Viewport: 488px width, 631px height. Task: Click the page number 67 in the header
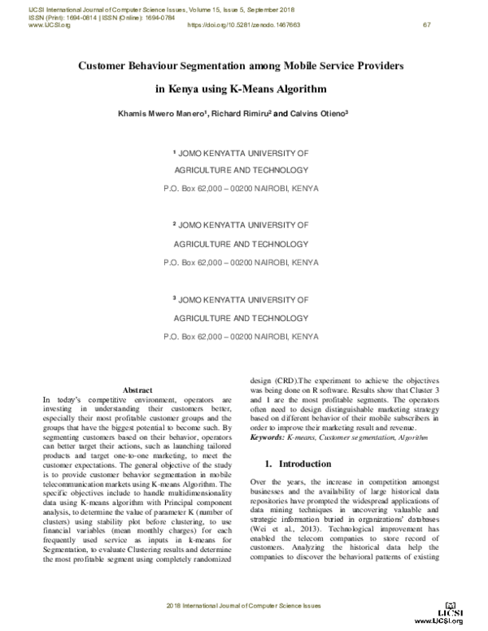pyautogui.click(x=426, y=25)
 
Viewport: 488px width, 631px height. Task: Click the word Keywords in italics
pyautogui.click(x=268, y=438)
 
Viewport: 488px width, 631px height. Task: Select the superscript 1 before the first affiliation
pyautogui.click(x=175, y=152)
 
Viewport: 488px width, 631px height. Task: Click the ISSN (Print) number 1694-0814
pyautogui.click(x=82, y=18)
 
